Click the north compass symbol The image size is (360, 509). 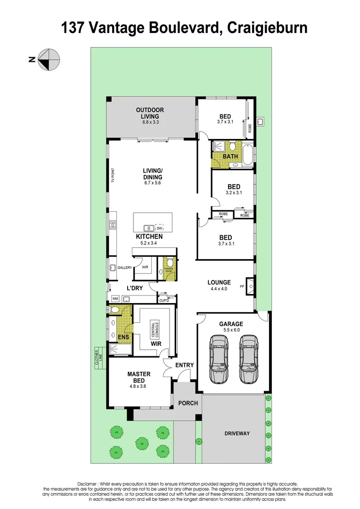[49, 60]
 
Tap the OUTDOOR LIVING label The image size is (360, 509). [150, 113]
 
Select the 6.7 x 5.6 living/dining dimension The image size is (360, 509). [153, 183]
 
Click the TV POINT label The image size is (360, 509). [113, 175]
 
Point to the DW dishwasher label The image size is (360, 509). [159, 228]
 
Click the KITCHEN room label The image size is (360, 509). [149, 237]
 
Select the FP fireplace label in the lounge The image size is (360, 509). [243, 286]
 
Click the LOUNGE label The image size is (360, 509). [220, 283]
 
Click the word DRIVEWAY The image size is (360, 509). [237, 434]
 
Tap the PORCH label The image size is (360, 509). [188, 403]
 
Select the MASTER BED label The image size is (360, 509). [139, 378]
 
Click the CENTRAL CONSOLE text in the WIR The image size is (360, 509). [155, 330]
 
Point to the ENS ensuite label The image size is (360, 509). [123, 337]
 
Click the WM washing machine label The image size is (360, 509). [115, 299]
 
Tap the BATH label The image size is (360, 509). [230, 156]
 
